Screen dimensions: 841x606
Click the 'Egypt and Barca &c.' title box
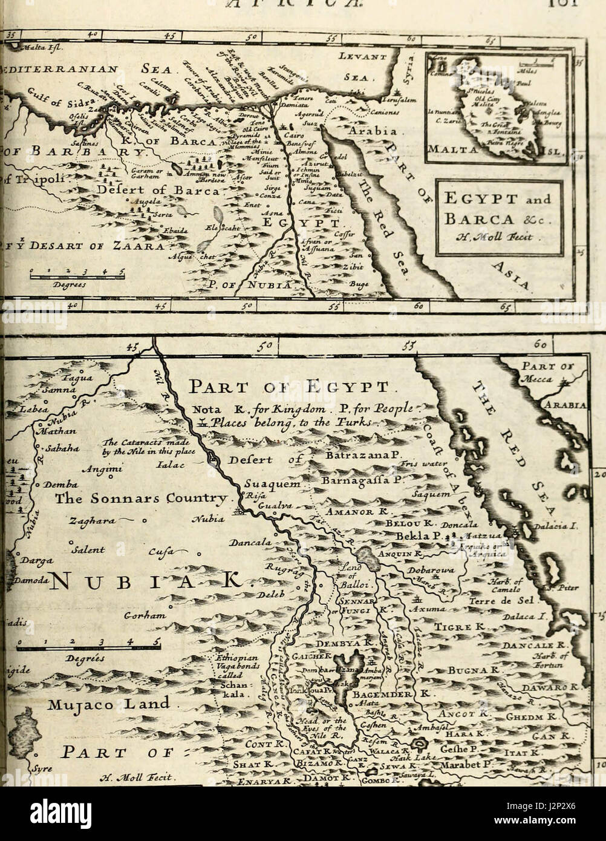click(499, 217)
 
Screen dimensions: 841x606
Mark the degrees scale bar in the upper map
click(77, 277)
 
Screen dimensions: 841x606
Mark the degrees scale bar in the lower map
click(89, 648)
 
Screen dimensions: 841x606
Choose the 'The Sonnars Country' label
click(142, 499)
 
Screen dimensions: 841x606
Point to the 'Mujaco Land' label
click(109, 704)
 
